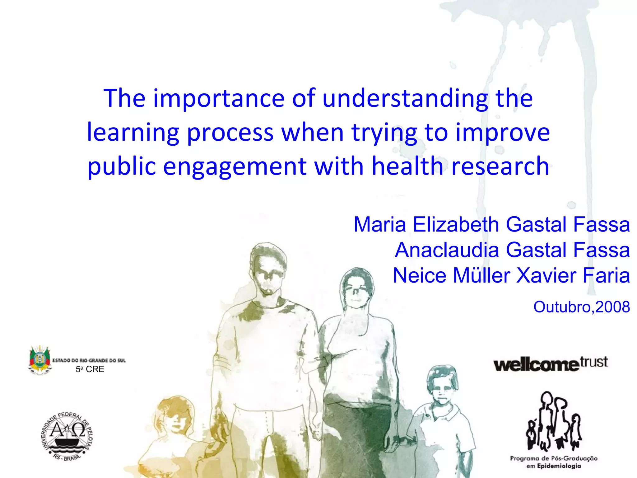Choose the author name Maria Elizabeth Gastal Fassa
coord(491,224)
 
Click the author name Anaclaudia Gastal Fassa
coord(512,250)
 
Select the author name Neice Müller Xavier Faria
coord(511,275)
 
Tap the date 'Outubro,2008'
coord(581,307)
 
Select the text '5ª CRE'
coord(90,369)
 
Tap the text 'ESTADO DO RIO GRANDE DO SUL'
coord(89,360)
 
